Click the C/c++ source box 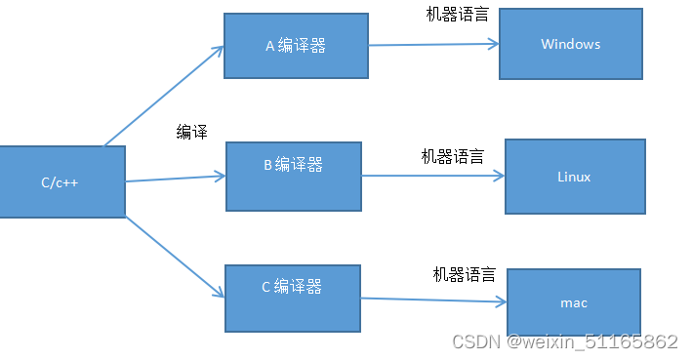pyautogui.click(x=61, y=181)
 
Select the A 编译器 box pyautogui.click(x=295, y=46)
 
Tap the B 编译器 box pyautogui.click(x=293, y=176)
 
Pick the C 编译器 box pyautogui.click(x=292, y=296)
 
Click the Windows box pyautogui.click(x=570, y=44)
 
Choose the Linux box pyautogui.click(x=574, y=177)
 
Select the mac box pyautogui.click(x=574, y=302)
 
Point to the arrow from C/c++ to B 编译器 pyautogui.click(x=176, y=179)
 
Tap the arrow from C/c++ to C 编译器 pyautogui.click(x=176, y=256)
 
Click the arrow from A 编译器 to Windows pyautogui.click(x=433, y=44)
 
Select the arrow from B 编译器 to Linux pyautogui.click(x=432, y=176)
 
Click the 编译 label pyautogui.click(x=192, y=133)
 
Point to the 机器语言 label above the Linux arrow pyautogui.click(x=452, y=156)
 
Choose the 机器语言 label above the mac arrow pyautogui.click(x=465, y=275)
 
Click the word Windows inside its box pyautogui.click(x=570, y=44)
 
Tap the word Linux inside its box pyautogui.click(x=574, y=177)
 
